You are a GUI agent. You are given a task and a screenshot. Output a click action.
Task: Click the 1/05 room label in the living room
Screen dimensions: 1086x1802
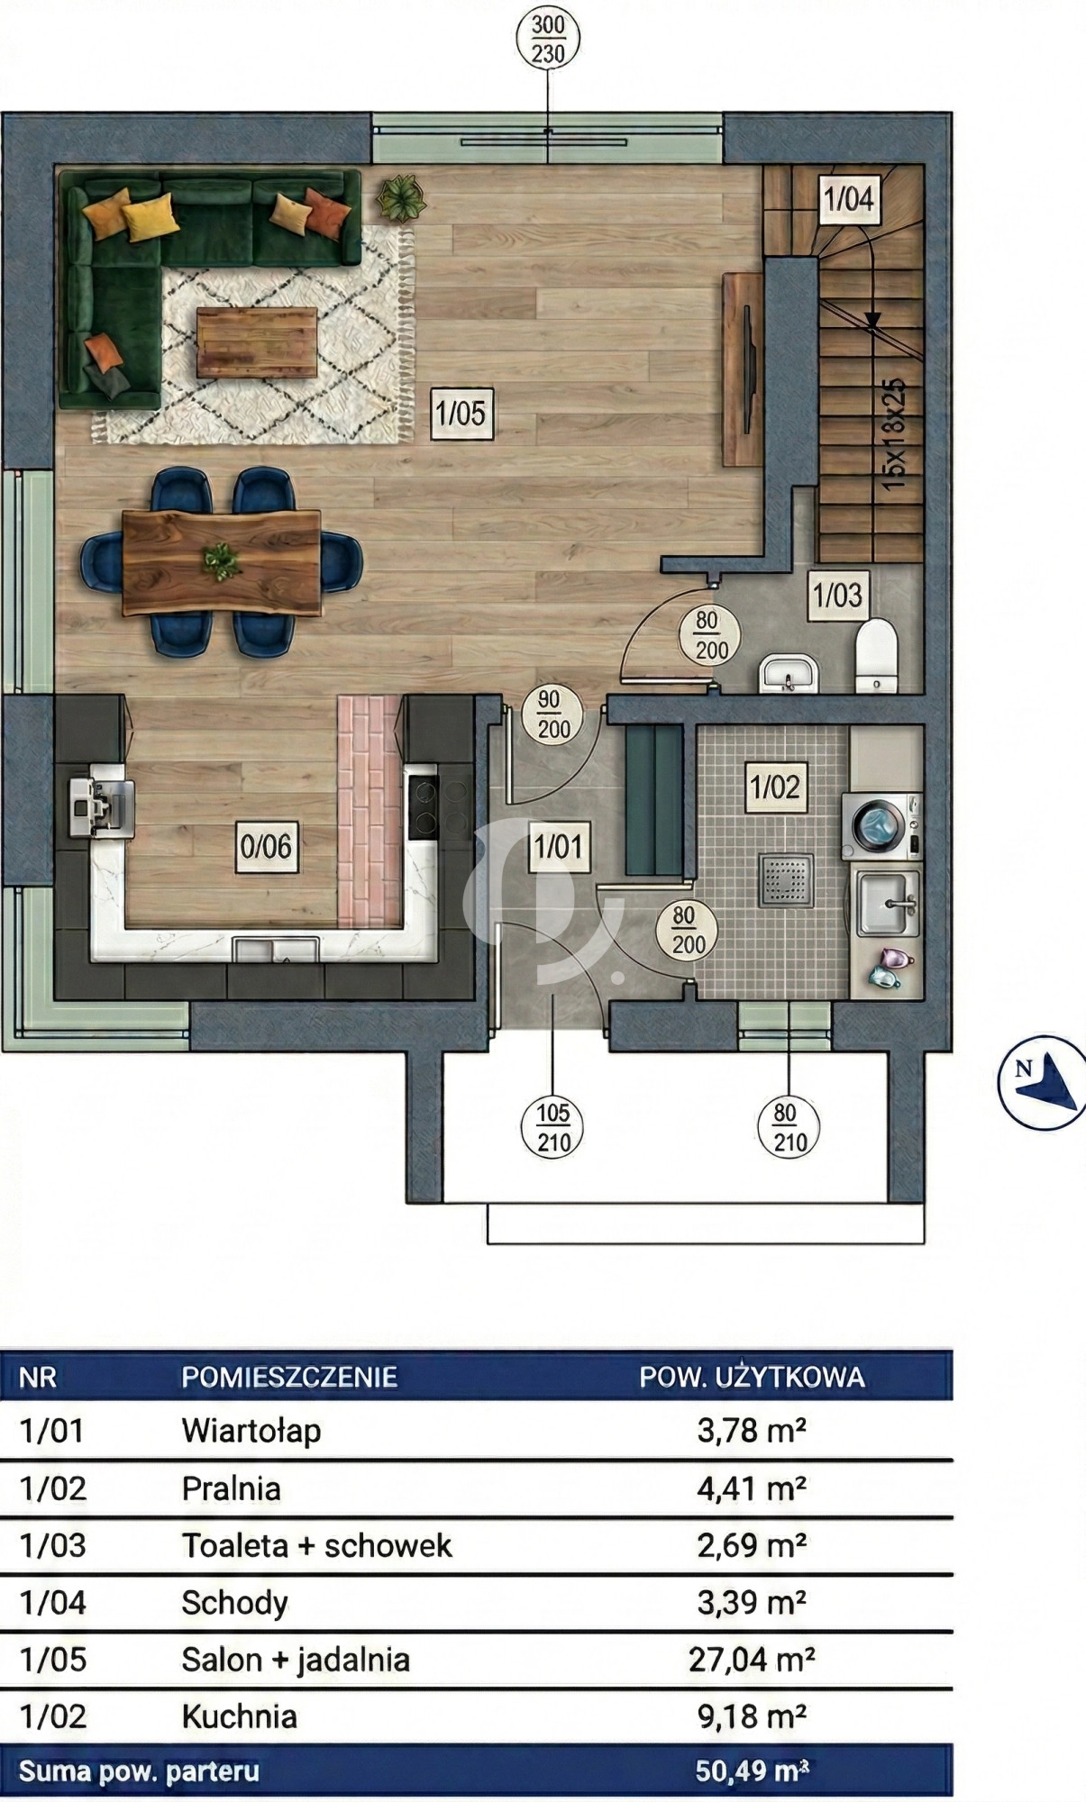click(461, 414)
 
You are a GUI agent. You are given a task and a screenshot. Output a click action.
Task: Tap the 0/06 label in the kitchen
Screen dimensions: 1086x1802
click(266, 846)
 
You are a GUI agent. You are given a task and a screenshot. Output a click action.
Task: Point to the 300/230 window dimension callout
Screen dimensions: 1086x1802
click(548, 40)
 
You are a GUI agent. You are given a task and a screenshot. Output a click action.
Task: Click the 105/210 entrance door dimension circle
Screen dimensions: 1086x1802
click(553, 1129)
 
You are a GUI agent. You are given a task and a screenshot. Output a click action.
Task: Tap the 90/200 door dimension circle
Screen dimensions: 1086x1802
click(553, 714)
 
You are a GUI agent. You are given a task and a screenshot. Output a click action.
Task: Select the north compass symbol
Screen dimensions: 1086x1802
click(1043, 1082)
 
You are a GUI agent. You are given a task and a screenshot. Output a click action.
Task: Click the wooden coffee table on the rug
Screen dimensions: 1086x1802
click(257, 342)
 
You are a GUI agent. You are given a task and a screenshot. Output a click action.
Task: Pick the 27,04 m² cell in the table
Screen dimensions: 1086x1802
click(752, 1659)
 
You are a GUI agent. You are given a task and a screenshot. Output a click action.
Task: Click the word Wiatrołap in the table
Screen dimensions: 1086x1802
click(251, 1431)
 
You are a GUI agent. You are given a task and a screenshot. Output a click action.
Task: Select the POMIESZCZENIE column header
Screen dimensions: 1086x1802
click(289, 1377)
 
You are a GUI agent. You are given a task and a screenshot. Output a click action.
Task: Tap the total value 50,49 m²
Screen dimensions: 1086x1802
click(752, 1771)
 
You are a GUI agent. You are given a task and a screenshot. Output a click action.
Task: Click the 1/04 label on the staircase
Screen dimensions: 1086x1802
click(849, 199)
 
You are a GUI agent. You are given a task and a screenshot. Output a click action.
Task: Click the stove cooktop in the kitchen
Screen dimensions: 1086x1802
click(423, 806)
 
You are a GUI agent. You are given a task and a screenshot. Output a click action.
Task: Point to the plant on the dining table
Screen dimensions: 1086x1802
click(221, 562)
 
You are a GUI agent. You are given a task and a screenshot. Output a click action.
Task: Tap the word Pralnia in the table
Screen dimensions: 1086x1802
click(232, 1488)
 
